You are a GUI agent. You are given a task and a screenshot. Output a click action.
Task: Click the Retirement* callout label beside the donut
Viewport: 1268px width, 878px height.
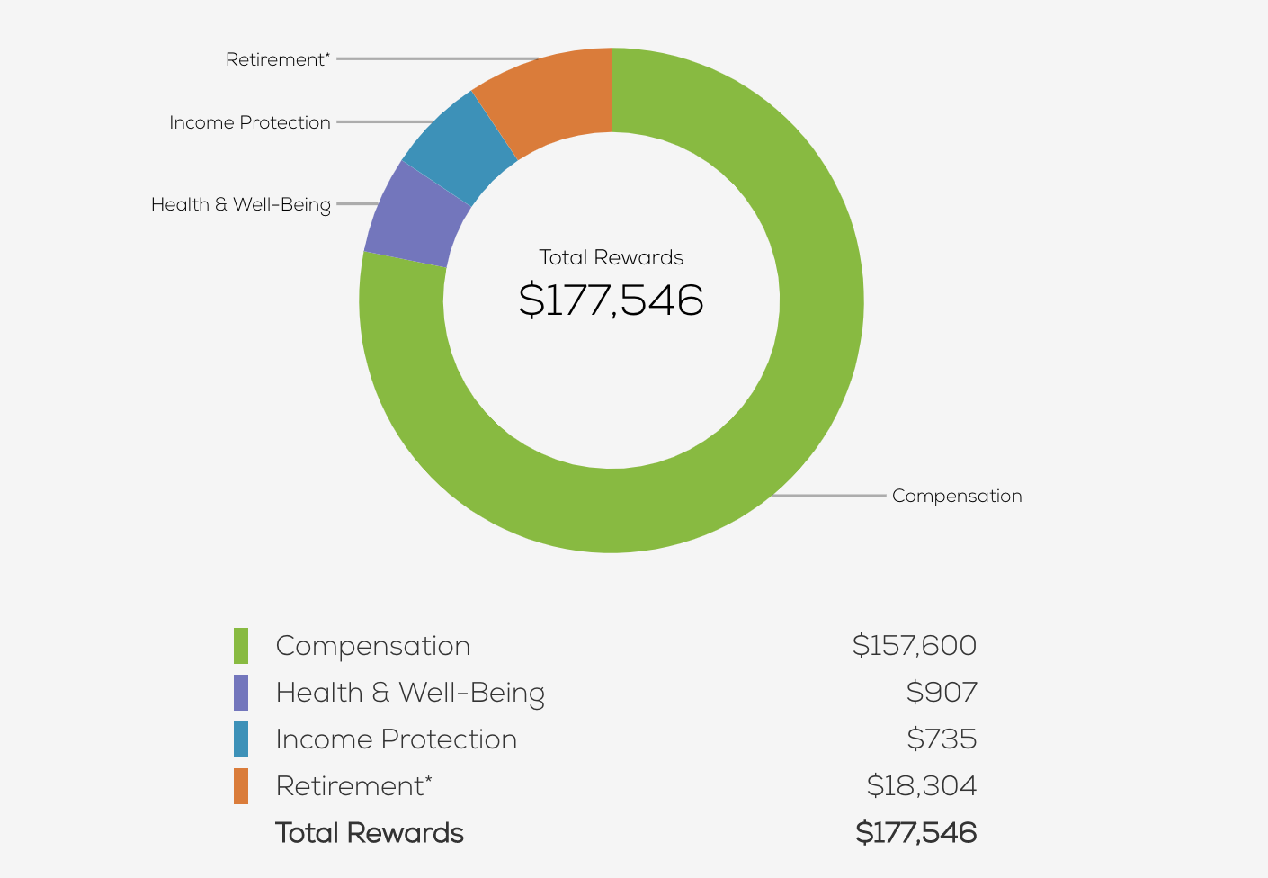click(278, 59)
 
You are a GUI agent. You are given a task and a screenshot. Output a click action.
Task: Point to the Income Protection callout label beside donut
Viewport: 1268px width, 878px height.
click(250, 122)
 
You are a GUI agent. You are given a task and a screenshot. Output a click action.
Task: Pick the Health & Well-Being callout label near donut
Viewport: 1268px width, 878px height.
click(241, 204)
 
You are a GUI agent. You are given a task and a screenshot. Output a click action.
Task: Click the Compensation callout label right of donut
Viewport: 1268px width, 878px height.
click(957, 496)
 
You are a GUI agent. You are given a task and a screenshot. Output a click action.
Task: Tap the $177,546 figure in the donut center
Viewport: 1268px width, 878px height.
click(612, 300)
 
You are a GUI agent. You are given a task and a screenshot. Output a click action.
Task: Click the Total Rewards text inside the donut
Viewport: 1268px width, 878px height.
click(612, 257)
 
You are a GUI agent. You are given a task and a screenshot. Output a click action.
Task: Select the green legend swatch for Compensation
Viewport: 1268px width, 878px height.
click(241, 646)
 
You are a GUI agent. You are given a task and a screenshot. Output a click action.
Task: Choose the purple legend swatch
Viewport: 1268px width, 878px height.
click(241, 693)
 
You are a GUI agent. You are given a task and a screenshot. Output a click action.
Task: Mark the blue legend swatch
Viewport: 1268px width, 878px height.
click(241, 739)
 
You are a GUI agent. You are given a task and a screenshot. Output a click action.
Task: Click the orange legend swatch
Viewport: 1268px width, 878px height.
click(241, 786)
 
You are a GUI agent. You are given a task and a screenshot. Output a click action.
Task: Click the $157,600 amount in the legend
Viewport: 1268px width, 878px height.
click(915, 645)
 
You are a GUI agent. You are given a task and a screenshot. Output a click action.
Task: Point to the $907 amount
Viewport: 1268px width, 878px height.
click(942, 692)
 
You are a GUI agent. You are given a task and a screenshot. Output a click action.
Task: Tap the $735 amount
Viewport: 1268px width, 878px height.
click(942, 739)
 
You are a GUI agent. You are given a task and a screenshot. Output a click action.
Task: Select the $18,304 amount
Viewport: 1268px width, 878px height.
click(922, 785)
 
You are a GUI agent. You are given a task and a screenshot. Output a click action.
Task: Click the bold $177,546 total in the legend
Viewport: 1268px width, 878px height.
click(916, 832)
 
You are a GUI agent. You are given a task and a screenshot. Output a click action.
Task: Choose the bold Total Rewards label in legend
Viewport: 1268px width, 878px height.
click(370, 833)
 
